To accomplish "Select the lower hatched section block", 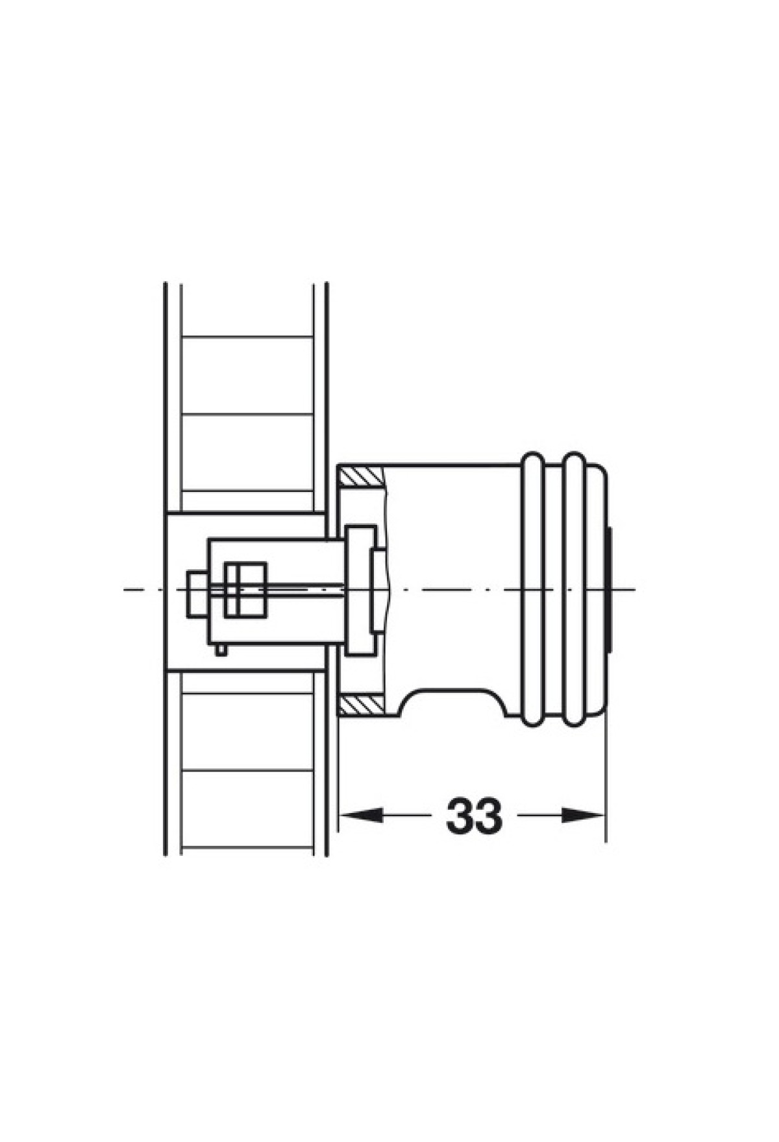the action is click(x=362, y=705).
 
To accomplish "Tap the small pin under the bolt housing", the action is click(x=222, y=650).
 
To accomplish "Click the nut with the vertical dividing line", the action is click(x=245, y=589).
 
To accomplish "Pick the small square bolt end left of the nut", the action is click(x=197, y=594).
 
